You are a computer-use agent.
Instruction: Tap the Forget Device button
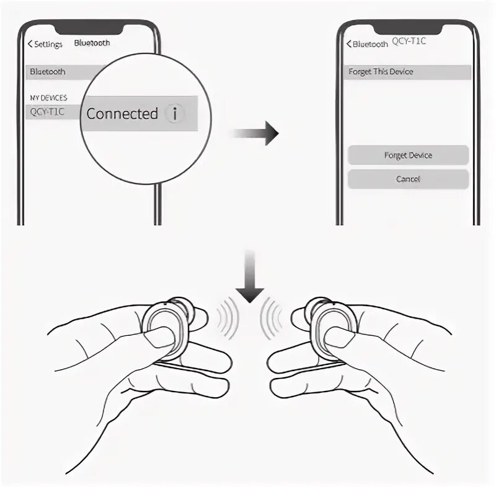(408, 155)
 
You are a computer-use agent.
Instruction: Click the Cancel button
(408, 179)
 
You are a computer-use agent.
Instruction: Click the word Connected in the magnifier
(122, 114)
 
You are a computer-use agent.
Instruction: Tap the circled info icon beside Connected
(175, 114)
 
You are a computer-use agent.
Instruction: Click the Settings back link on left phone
(45, 44)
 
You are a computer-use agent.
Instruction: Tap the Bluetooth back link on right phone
(366, 44)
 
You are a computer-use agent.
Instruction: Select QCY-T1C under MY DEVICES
(47, 112)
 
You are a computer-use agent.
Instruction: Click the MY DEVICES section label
(48, 98)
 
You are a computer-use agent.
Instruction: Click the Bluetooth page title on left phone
(92, 43)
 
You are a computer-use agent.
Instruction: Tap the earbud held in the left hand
(166, 327)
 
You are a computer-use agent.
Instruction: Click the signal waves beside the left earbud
(227, 316)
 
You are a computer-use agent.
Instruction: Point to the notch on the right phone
(407, 27)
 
